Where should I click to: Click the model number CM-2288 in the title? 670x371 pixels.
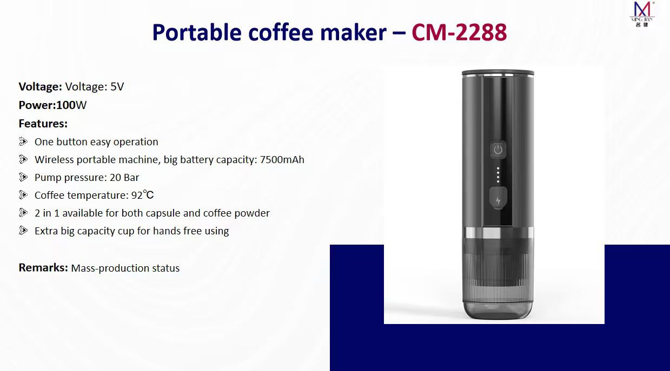click(459, 32)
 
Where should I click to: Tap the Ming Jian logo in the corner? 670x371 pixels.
click(642, 14)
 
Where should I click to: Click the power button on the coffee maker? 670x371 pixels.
click(498, 150)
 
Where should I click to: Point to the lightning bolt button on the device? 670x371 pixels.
click(498, 198)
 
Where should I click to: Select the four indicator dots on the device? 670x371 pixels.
click(498, 175)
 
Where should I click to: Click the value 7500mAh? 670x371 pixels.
click(282, 160)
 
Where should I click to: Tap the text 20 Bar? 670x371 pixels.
click(124, 178)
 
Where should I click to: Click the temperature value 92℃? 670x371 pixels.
click(142, 195)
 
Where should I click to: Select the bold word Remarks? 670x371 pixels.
click(43, 268)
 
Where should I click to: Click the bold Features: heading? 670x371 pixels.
click(43, 123)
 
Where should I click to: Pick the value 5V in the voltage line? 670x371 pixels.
click(117, 86)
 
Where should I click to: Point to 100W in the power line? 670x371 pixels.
click(71, 105)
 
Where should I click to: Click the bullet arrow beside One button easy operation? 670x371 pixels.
click(23, 141)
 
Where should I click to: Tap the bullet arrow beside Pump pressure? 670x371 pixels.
click(23, 177)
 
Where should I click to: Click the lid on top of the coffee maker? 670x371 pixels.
click(497, 72)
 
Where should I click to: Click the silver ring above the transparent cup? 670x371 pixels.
click(498, 232)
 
